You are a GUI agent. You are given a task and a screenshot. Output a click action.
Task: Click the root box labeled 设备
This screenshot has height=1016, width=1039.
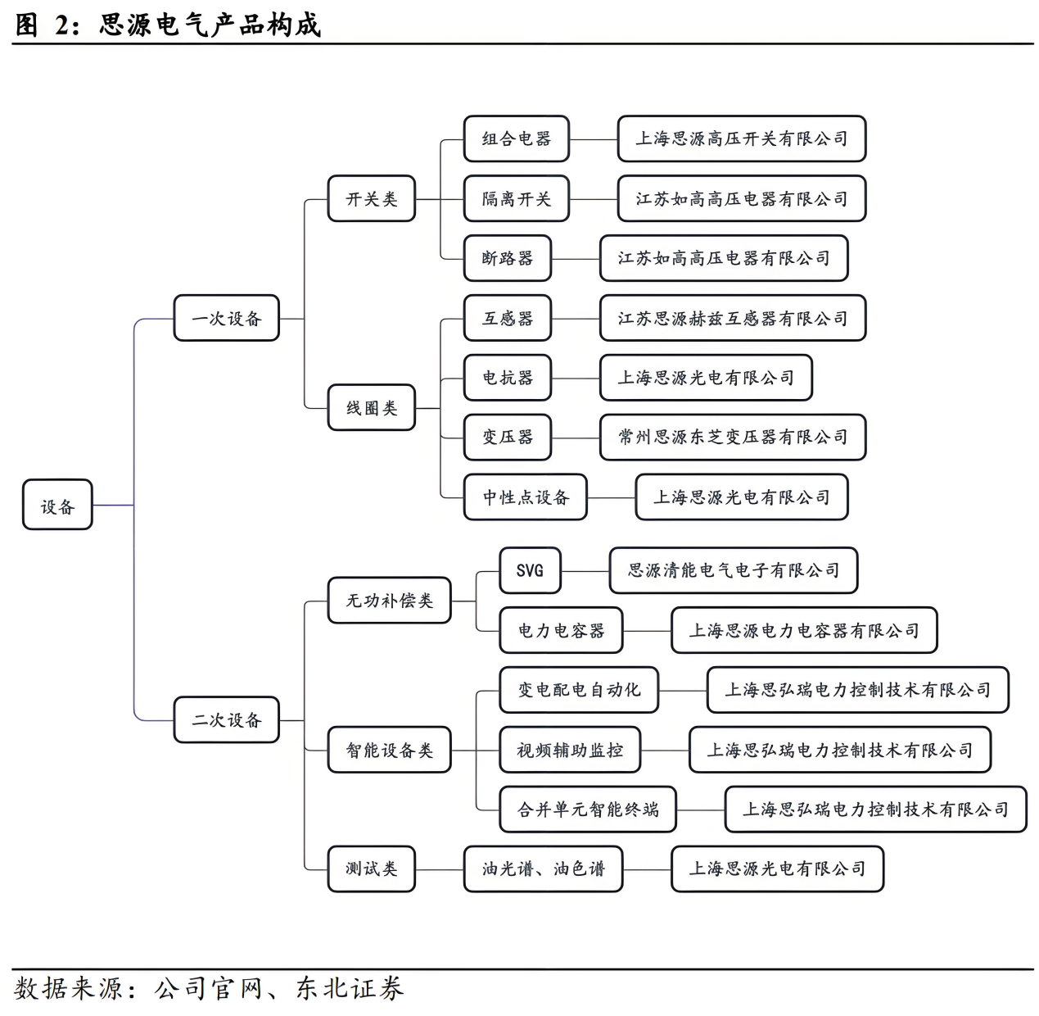[57, 505]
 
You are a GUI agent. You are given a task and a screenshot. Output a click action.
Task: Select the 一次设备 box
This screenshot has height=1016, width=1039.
[226, 318]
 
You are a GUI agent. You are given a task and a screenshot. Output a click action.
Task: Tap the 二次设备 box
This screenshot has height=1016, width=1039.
[226, 719]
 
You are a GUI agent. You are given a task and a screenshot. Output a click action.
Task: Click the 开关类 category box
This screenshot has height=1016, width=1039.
[372, 198]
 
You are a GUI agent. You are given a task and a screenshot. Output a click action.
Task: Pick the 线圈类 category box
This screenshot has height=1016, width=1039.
[372, 407]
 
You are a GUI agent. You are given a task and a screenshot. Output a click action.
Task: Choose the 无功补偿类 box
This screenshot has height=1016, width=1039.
[389, 601]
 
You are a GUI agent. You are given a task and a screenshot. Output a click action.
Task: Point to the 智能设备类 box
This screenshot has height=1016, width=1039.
[389, 750]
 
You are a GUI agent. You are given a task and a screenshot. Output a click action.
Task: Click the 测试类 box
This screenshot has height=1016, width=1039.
[372, 869]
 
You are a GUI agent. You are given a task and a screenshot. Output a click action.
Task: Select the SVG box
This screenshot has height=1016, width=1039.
[530, 570]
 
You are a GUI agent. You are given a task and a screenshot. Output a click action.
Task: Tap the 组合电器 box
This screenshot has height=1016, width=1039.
[516, 138]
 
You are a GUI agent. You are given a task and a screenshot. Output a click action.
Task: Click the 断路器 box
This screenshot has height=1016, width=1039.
[507, 258]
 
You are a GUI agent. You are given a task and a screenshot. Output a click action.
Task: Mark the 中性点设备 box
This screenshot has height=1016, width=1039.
[525, 497]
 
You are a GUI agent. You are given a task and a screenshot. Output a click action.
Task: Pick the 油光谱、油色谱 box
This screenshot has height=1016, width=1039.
[543, 869]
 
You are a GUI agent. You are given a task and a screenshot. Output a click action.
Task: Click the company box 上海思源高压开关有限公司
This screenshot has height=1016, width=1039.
[741, 138]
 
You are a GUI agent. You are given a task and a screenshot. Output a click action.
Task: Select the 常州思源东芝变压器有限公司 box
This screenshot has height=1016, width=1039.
[732, 437]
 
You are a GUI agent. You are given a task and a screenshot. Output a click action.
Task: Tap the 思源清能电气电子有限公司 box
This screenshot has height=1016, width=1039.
[733, 570]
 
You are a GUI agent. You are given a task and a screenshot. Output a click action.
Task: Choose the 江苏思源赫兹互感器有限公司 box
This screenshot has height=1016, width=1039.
[732, 318]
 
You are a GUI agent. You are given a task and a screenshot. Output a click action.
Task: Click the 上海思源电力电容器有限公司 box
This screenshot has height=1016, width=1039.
[803, 630]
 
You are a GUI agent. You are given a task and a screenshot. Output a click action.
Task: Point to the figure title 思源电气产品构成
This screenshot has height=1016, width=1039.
[210, 25]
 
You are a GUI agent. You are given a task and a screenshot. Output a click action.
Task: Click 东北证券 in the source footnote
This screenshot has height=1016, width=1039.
[350, 988]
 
